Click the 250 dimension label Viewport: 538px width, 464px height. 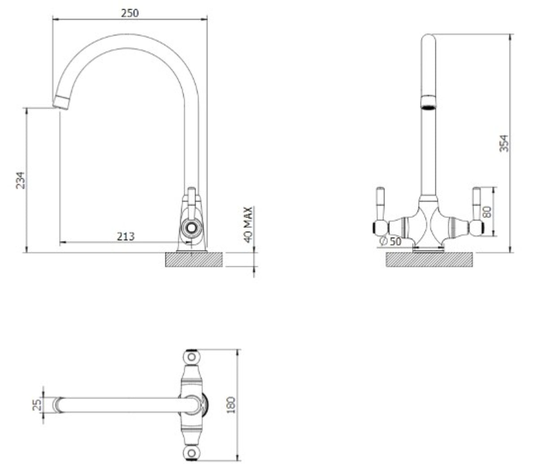pos(130,13)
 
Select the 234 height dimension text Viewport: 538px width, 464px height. pos(21,180)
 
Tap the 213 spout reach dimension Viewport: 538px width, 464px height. pos(126,237)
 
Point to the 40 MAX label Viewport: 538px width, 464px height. pos(249,225)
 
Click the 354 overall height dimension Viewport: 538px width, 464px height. pos(504,143)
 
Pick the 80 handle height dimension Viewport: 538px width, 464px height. pos(487,212)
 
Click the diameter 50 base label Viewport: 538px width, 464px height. pos(390,241)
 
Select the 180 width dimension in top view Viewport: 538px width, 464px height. pos(231,405)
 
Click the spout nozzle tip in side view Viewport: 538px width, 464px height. pos(62,102)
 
